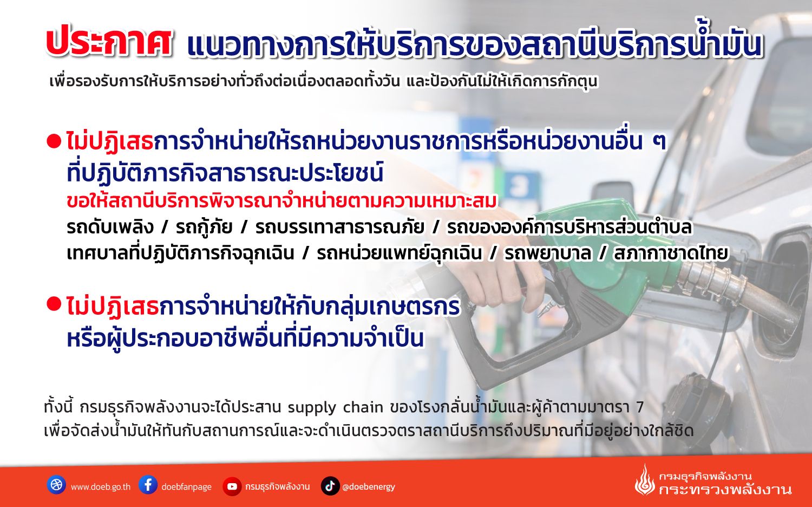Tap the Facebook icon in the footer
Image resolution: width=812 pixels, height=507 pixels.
tap(148, 485)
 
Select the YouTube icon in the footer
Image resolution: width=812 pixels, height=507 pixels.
tap(232, 486)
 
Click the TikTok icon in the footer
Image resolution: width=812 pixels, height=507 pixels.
tap(330, 486)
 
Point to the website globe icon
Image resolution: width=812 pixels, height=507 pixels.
tap(56, 485)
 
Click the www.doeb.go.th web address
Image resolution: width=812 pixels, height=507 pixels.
tap(100, 487)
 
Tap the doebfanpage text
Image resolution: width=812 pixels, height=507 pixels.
tap(186, 487)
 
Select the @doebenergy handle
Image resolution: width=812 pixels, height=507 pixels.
tap(368, 487)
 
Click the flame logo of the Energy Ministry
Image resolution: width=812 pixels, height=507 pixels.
tap(644, 480)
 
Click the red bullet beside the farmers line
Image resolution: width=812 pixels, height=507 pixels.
tap(54, 304)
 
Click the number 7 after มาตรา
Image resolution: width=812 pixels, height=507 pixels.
tap(640, 407)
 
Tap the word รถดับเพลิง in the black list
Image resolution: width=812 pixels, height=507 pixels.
tap(110, 227)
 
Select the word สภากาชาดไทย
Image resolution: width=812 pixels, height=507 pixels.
tap(671, 253)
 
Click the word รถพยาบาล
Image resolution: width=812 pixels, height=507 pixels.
tap(547, 253)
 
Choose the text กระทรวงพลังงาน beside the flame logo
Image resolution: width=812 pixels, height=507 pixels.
tap(725, 490)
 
